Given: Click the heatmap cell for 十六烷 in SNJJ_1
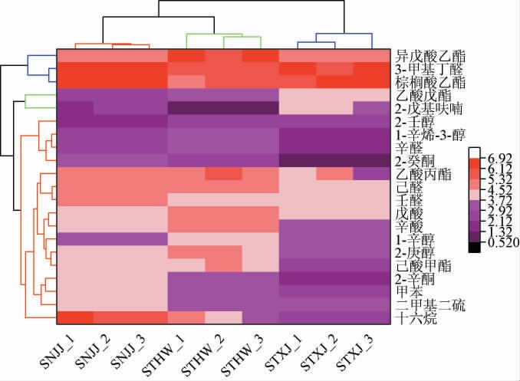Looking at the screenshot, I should click(x=75, y=317).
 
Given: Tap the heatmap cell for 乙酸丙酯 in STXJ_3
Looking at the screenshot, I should click(x=372, y=174).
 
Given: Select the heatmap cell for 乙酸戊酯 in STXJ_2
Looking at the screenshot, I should click(x=334, y=95).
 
